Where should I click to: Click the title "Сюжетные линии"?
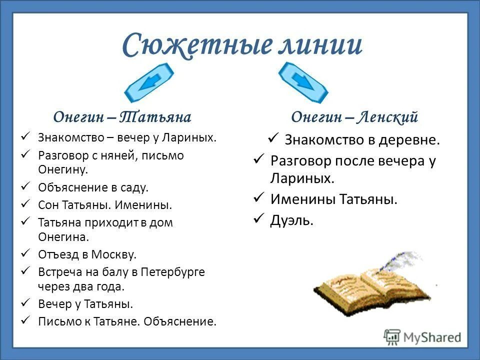241,44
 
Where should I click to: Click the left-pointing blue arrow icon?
148,81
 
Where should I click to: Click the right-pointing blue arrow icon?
302,81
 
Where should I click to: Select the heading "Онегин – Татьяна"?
122,117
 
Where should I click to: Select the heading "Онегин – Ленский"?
354,117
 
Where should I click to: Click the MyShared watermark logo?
423,336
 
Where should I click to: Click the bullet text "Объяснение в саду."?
93,188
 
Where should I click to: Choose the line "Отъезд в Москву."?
87,254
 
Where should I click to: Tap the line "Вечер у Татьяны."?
86,304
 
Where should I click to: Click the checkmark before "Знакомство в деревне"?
273,138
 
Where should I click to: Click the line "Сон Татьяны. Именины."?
105,205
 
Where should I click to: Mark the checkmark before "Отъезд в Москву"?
26,254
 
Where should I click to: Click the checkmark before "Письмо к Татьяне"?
26,320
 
